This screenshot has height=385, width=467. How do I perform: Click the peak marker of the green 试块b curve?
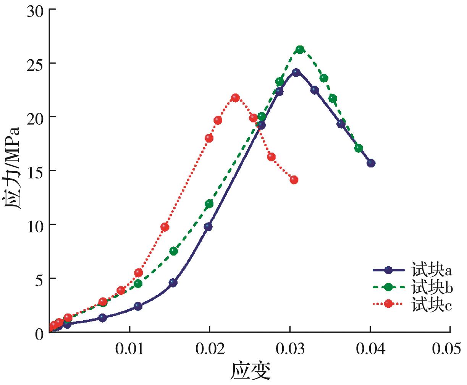(300, 49)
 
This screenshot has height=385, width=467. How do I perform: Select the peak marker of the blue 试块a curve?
(296, 72)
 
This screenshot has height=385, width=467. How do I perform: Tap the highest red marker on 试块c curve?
(235, 98)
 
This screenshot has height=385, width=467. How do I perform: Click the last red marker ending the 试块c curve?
(294, 180)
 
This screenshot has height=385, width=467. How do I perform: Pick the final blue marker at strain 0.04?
(371, 163)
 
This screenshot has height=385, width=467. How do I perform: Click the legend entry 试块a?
(432, 271)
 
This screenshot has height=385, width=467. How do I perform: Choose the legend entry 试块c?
(432, 304)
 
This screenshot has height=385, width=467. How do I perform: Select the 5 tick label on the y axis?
(40, 279)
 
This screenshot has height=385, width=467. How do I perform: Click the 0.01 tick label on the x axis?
(130, 349)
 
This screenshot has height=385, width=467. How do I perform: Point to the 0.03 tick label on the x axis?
(290, 349)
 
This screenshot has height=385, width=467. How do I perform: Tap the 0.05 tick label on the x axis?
(451, 349)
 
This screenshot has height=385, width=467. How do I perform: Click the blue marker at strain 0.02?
(208, 227)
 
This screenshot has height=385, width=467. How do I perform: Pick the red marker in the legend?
(389, 304)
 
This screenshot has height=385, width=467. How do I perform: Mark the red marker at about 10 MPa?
(165, 227)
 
